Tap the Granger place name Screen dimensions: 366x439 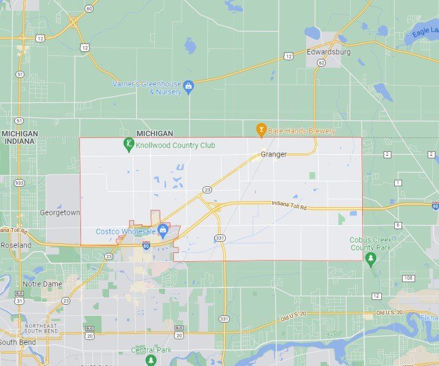273,154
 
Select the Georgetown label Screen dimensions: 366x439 60,212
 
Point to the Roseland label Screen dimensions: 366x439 16,245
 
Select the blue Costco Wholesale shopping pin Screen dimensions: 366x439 162,230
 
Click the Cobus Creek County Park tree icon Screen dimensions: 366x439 370,258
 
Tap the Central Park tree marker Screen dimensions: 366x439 151,360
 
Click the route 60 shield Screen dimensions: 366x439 89,8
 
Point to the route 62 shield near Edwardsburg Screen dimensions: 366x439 322,62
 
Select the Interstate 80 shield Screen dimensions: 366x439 146,245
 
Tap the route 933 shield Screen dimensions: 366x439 20,183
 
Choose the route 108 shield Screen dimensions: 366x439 407,278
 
